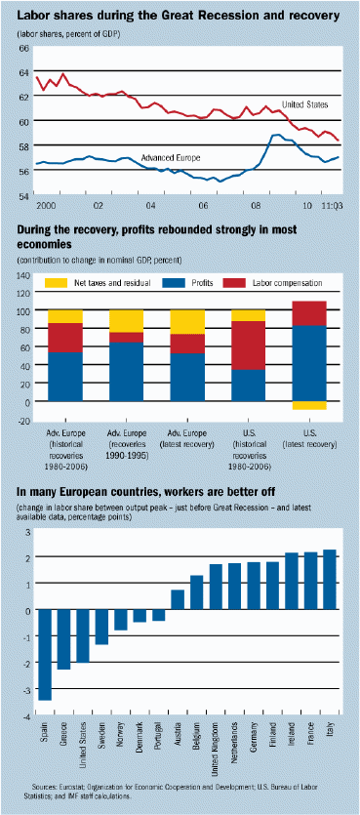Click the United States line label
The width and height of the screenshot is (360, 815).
(x=305, y=104)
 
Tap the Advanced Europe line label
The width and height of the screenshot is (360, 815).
(x=171, y=157)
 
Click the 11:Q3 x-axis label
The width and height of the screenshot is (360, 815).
(x=332, y=206)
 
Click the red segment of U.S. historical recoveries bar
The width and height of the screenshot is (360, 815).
(x=249, y=346)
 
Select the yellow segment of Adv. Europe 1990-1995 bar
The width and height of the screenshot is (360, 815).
(x=126, y=321)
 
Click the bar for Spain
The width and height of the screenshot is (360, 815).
(x=44, y=655)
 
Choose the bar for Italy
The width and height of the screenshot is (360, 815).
(x=330, y=580)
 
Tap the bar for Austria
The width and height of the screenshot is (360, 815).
(x=178, y=599)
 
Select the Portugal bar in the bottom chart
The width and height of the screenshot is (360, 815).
(x=158, y=615)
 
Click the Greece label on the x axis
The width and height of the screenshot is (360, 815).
(x=62, y=732)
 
